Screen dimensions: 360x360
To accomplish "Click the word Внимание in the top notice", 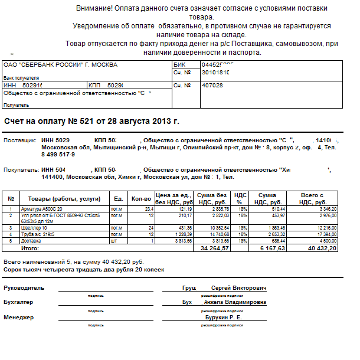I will (94, 9).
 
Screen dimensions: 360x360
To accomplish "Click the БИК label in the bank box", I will (179, 64).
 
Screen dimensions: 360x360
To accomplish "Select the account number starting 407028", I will (212, 86).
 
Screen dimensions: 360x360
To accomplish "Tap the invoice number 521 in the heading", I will (87, 121).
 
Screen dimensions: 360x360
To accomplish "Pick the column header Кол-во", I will (141, 198).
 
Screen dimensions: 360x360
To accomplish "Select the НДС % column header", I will (241, 198).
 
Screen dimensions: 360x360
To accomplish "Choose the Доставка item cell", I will (32, 241).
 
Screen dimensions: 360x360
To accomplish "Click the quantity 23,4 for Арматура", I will (149, 209).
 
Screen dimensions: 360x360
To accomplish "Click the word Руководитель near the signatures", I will (24, 288).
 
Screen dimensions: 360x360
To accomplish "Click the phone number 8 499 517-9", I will (58, 154).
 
